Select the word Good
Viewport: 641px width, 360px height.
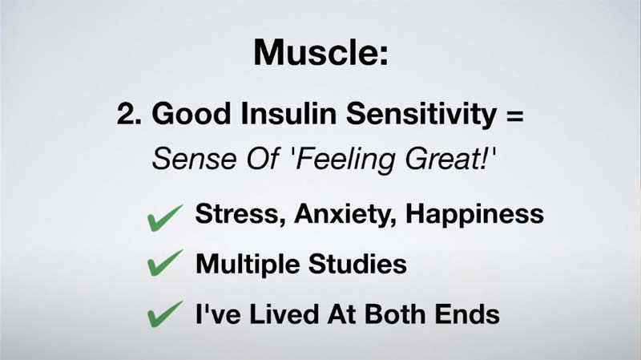191,113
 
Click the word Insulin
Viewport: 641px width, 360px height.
288,113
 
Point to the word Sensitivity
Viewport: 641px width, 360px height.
421,115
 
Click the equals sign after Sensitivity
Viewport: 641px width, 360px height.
514,115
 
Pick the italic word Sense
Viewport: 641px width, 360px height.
194,158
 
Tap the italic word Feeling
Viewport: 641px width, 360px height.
345,160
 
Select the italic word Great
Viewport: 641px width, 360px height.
446,158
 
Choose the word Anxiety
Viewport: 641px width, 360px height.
345,215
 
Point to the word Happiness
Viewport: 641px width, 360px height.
474,215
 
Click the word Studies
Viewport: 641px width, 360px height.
357,264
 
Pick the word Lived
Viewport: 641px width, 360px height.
284,314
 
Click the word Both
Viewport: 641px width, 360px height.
395,314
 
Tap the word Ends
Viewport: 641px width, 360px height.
467,314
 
